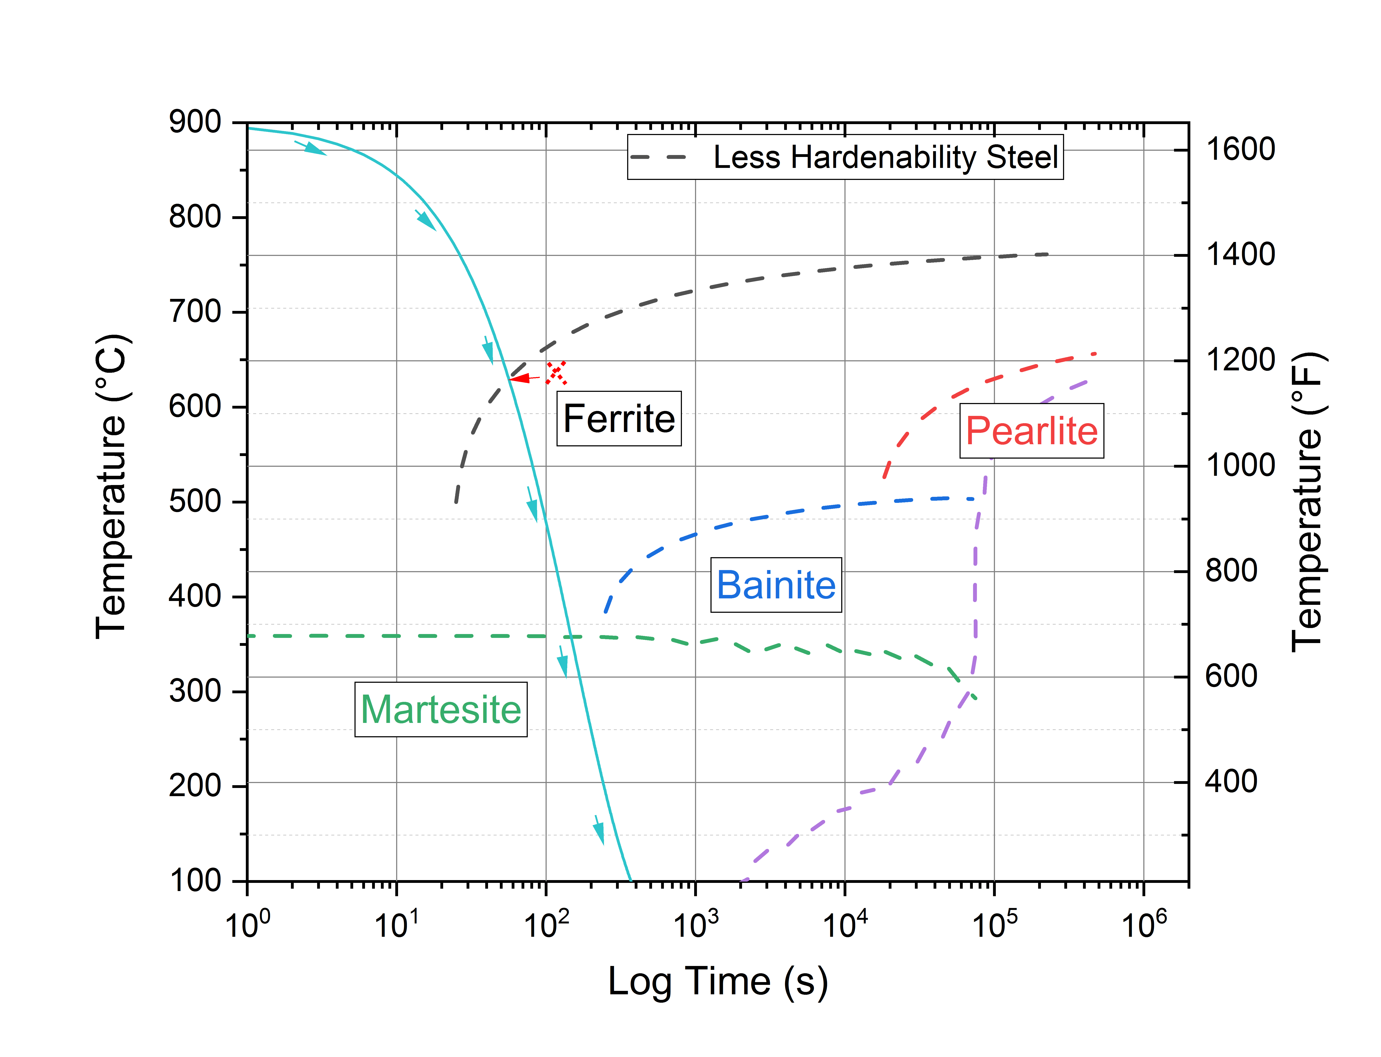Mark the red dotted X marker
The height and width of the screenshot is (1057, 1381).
pos(556,373)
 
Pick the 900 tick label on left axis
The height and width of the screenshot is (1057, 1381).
pos(195,122)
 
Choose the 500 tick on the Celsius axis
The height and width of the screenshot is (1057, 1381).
pos(195,501)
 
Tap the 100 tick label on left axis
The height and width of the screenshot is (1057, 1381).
pos(195,881)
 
